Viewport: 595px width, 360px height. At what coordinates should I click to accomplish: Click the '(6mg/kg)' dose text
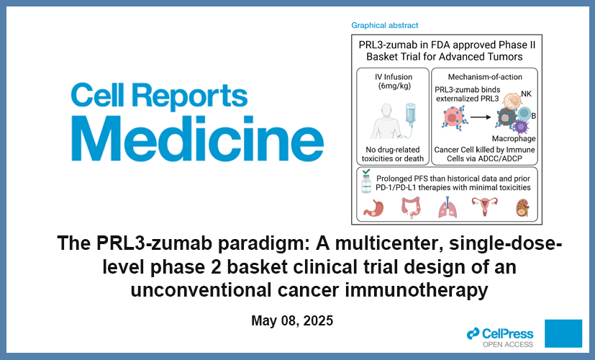tap(392, 86)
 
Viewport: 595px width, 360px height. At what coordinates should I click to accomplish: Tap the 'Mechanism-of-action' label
tap(484, 76)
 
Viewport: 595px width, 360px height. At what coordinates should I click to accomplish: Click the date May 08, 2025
tap(292, 320)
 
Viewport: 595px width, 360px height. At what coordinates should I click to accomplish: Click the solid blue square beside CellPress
tap(563, 333)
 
